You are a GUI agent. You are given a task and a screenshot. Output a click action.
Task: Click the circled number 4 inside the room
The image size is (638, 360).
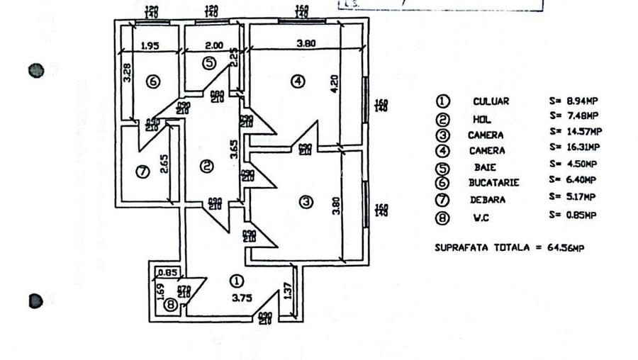[298, 81]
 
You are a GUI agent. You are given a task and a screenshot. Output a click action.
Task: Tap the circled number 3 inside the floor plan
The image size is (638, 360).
[306, 202]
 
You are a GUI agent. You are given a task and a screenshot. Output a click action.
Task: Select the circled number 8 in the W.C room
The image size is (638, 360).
[170, 305]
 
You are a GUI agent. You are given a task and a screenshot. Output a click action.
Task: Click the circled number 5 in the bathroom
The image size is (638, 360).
[208, 63]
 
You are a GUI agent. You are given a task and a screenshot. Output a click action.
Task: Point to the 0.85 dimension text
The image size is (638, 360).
[167, 271]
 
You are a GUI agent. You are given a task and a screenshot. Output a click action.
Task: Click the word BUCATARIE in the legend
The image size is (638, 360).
[493, 182]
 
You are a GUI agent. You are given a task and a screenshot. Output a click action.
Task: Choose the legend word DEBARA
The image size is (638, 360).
[488, 199]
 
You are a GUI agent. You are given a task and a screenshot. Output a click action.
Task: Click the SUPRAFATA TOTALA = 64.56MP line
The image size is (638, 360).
[509, 247]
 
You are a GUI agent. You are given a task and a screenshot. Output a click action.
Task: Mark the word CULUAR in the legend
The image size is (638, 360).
[491, 101]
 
